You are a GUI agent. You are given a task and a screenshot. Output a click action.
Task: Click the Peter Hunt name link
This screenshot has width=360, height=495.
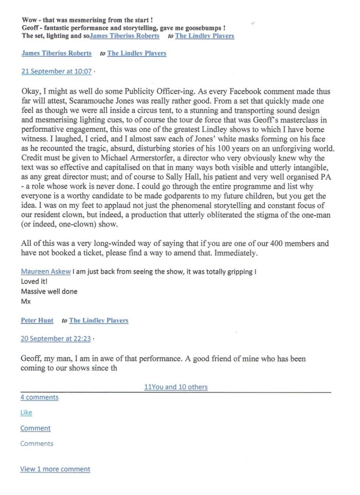(37, 321)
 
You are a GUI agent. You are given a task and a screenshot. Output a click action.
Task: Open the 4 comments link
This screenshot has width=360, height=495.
(39, 397)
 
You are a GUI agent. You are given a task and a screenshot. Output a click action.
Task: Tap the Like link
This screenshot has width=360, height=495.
(26, 413)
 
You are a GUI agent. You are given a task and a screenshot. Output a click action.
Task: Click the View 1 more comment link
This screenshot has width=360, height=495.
(55, 469)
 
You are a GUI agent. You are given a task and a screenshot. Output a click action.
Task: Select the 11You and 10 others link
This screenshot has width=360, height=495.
(176, 387)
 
